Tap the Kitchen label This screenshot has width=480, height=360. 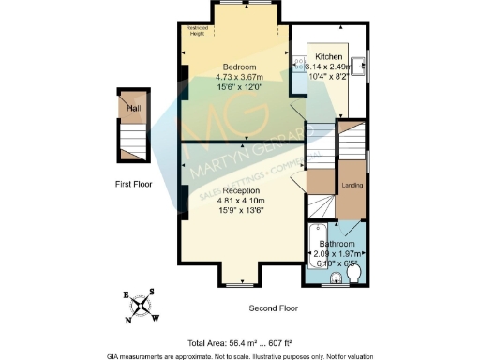pos(329,57)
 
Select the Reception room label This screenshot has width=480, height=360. pos(241,190)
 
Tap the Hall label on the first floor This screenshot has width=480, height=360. pos(134,109)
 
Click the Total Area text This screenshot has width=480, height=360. pos(240,343)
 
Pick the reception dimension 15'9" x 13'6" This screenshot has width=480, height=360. pos(241,211)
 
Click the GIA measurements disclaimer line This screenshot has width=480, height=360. pos(240,354)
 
